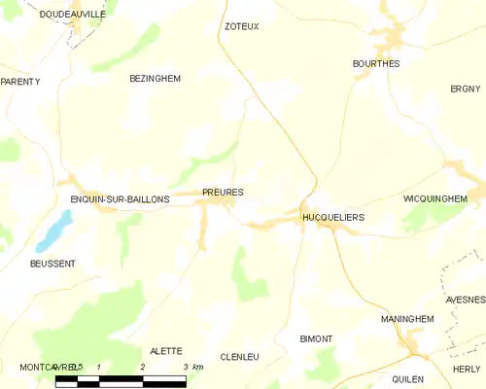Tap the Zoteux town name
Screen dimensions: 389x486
[x=242, y=27]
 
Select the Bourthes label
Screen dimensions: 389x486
[x=375, y=63]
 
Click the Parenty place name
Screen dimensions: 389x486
[x=20, y=82]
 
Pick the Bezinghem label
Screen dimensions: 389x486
[x=156, y=78]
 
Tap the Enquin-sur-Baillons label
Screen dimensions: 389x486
[x=121, y=199]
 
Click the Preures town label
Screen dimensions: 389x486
[x=223, y=193]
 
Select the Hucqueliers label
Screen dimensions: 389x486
[x=333, y=218]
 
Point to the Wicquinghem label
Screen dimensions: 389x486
[x=434, y=198]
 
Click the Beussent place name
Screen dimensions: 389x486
[x=52, y=264]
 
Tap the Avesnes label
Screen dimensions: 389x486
[x=465, y=300]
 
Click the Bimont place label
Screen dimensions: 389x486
[x=317, y=338]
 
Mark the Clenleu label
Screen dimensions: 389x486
[x=240, y=357]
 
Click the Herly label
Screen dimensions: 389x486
[x=467, y=369]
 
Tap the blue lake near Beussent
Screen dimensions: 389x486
[x=55, y=231]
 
